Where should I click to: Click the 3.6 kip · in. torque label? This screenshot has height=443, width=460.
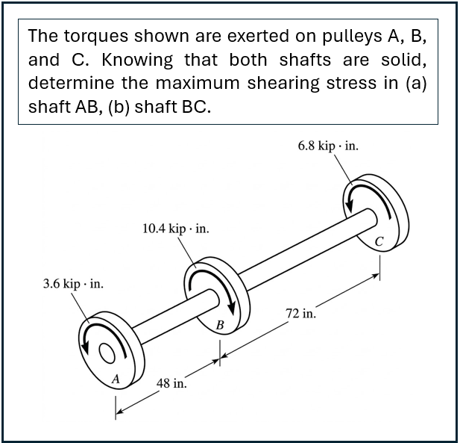point(73,284)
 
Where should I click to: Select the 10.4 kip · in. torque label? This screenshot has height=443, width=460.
point(176,229)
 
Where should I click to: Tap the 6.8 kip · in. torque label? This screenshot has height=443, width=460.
point(328,146)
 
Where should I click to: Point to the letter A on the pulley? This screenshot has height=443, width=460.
point(116,379)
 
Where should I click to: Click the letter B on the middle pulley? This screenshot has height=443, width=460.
point(220,325)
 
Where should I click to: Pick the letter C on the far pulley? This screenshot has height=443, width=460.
point(379,241)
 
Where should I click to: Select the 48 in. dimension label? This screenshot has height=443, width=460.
point(171,383)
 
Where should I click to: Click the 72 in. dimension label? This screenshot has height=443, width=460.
point(301,314)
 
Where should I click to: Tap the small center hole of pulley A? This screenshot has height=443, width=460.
point(107,353)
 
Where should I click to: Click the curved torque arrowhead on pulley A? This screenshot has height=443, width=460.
point(85,347)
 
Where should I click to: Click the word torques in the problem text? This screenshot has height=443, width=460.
point(96,37)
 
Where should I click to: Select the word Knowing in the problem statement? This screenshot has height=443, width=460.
point(137,60)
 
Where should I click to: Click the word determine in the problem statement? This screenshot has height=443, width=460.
point(71,83)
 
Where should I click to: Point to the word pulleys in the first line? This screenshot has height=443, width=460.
point(352,37)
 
